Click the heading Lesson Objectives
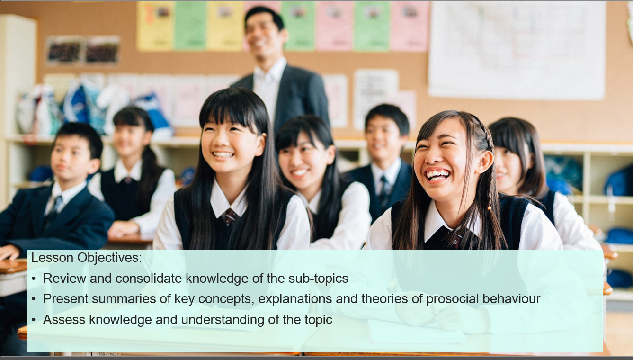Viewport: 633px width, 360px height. tap(87, 258)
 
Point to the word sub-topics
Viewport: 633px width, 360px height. tap(318, 279)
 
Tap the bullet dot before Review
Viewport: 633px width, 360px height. tap(34, 279)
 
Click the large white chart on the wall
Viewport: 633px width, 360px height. tap(517, 50)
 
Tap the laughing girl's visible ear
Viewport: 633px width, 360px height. tap(485, 162)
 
